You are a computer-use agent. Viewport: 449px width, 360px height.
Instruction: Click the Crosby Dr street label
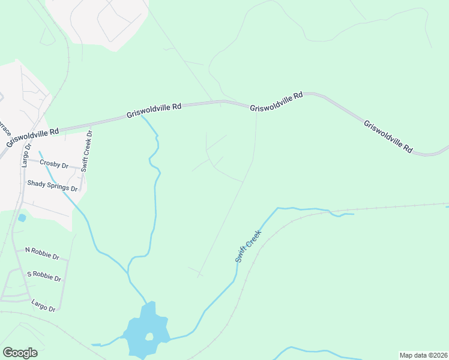pyautogui.click(x=55, y=163)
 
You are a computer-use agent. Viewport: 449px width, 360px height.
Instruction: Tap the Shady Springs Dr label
pyautogui.click(x=52, y=185)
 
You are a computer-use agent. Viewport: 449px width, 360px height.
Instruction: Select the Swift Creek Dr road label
pyautogui.click(x=87, y=151)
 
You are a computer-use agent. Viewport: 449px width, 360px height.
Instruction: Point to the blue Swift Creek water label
pyautogui.click(x=248, y=245)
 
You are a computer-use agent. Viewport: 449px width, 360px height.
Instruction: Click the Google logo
pyautogui.click(x=20, y=353)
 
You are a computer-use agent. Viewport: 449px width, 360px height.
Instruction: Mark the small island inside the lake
pyautogui.click(x=149, y=337)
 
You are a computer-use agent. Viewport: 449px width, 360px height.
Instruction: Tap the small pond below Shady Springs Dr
pyautogui.click(x=22, y=218)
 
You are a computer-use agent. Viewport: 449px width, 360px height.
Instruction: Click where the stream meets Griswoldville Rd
pyautogui.click(x=142, y=116)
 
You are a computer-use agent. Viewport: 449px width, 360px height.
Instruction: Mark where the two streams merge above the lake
pyautogui.click(x=129, y=271)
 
